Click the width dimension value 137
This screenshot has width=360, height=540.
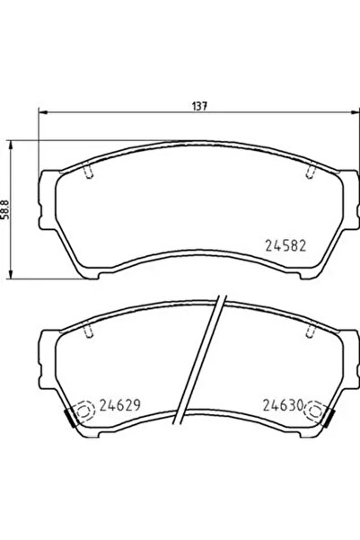[x=198, y=105]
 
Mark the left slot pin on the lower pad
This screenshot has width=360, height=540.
[x=86, y=332]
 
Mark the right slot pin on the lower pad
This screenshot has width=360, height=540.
[x=310, y=332]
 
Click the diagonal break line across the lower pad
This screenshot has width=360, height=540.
[x=198, y=359]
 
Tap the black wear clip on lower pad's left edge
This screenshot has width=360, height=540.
[x=70, y=418]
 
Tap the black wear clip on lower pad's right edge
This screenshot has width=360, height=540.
[x=329, y=418]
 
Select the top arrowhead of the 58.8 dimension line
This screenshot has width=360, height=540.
[x=11, y=143]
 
